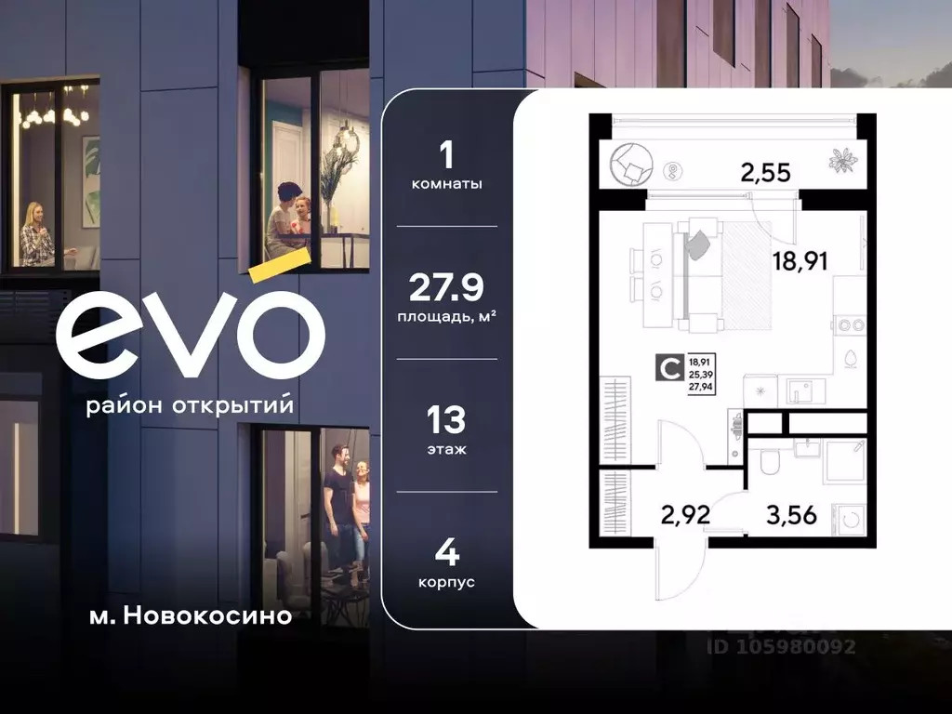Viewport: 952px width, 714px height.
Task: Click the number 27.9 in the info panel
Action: (446, 288)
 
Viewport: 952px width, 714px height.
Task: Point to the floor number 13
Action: (446, 421)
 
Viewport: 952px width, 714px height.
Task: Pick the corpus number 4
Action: (446, 555)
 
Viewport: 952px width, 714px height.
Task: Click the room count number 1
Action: (446, 154)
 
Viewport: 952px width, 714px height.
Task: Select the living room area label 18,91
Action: (800, 259)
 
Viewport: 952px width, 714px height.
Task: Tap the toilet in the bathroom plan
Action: (769, 462)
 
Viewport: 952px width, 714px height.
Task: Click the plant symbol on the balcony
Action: (842, 161)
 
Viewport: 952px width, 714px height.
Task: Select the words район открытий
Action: (189, 406)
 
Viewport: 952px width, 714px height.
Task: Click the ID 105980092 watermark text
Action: (781, 647)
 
